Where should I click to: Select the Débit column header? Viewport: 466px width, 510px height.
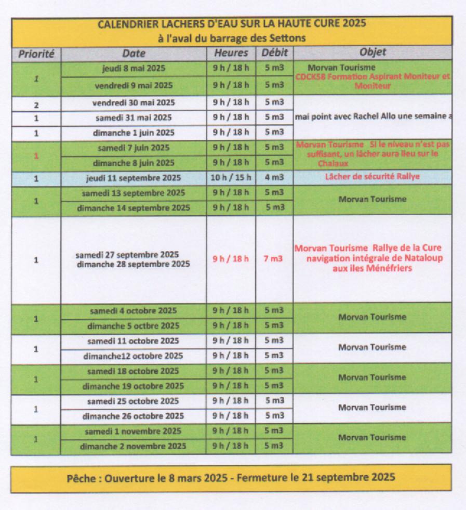click(274, 53)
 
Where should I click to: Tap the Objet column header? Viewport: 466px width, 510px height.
click(372, 53)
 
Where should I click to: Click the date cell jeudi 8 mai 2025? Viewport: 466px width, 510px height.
click(134, 69)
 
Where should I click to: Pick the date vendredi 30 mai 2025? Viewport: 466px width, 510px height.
click(134, 102)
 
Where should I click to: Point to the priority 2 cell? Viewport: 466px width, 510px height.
click(36, 105)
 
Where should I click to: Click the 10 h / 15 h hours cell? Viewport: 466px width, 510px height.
click(231, 178)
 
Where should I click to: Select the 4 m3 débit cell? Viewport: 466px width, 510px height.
click(274, 178)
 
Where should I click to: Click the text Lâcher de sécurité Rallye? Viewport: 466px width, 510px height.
click(372, 177)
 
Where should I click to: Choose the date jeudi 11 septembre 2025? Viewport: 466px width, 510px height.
click(134, 178)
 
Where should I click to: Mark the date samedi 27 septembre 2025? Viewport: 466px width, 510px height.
click(127, 255)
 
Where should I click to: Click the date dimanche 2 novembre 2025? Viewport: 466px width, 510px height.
click(133, 446)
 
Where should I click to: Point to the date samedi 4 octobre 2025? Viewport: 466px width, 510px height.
click(133, 311)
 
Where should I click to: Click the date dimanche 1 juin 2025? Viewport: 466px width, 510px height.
click(134, 133)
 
